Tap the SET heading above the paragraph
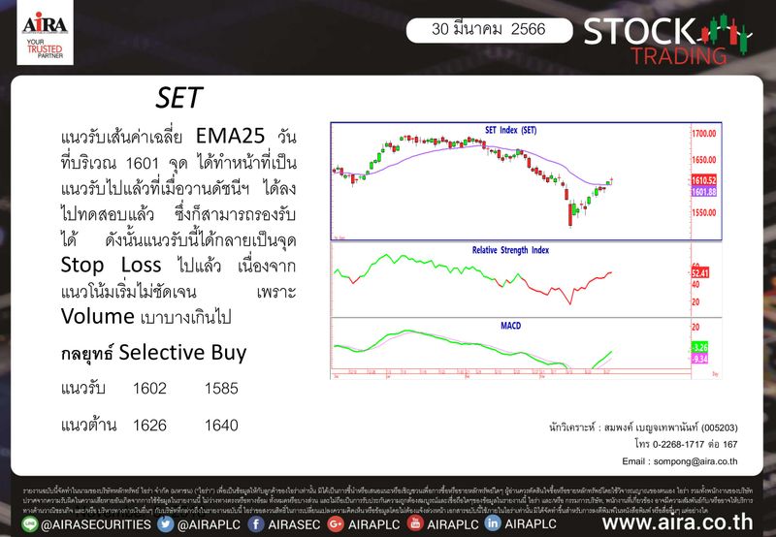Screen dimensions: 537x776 178,98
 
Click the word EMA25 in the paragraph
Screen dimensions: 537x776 231,134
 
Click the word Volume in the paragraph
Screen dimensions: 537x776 99,316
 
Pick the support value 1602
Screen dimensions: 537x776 149,389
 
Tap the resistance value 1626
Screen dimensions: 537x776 149,426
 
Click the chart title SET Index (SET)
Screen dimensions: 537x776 510,130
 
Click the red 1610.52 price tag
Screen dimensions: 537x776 704,181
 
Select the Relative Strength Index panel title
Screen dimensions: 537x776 510,250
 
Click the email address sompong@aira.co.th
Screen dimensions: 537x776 680,461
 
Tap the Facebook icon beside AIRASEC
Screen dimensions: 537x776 258,524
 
